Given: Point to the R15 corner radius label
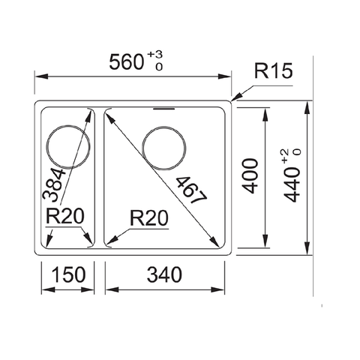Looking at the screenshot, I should click(x=273, y=72).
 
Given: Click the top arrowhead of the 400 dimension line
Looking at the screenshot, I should click(x=265, y=109).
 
